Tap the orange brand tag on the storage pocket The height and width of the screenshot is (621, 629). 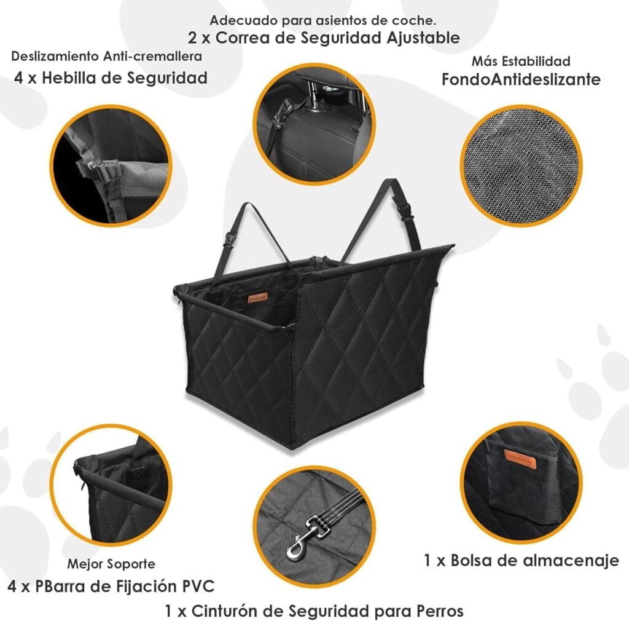click(520, 458)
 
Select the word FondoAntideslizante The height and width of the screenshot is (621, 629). click(521, 80)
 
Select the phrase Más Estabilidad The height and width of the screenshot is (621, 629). click(521, 61)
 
